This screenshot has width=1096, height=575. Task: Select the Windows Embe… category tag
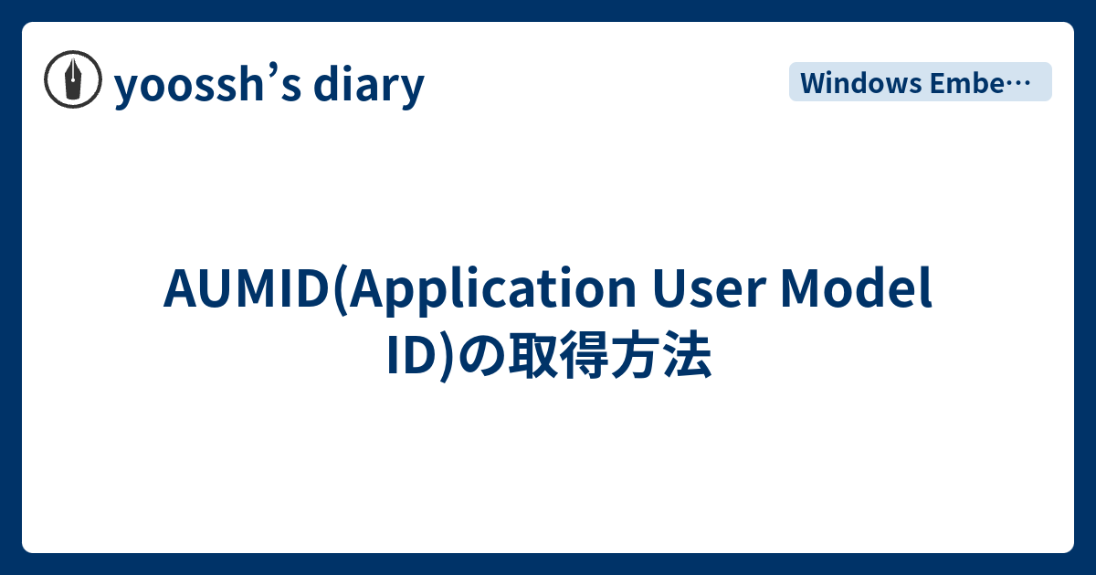coord(920,82)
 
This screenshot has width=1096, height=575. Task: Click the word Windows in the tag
coord(860,82)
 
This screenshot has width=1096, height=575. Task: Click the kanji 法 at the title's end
coord(694,358)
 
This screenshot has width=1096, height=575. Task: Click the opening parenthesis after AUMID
coord(340,290)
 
